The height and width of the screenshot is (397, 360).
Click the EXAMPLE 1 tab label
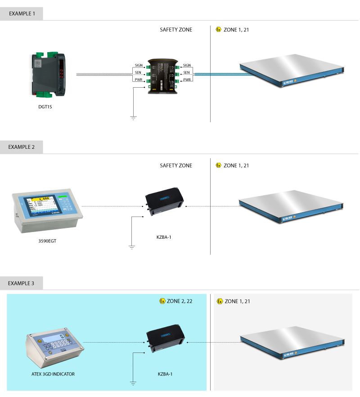tap(22, 13)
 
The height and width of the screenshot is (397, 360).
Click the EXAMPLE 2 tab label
tap(22, 147)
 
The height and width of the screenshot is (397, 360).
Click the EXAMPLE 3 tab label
tap(22, 283)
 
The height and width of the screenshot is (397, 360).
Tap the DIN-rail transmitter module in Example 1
tap(48, 74)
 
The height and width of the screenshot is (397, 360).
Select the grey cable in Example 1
tap(104, 74)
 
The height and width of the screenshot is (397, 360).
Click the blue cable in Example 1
tap(216, 74)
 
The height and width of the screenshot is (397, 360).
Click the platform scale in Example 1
tap(292, 70)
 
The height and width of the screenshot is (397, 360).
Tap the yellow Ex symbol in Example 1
tap(218, 30)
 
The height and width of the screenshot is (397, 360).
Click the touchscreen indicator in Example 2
tap(47, 210)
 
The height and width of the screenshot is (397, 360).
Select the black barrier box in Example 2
tap(164, 202)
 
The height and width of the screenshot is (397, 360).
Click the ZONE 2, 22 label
tap(180, 301)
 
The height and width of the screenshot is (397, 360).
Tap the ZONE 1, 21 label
tap(237, 301)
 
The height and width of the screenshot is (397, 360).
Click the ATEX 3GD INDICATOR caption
tap(50, 374)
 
